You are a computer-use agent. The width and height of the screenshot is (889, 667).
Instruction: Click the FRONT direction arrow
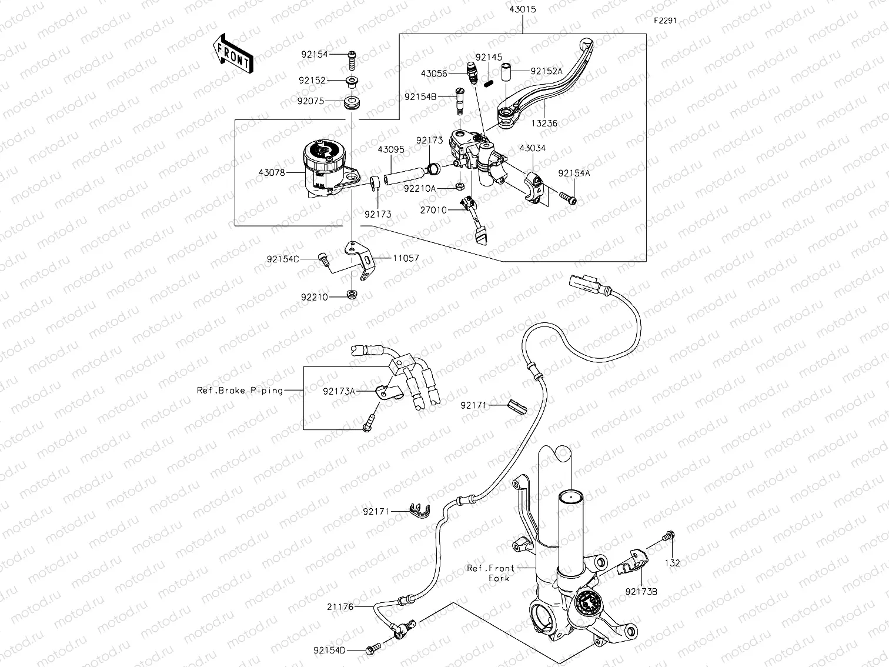232,54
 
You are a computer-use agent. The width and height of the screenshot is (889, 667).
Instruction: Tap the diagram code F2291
666,20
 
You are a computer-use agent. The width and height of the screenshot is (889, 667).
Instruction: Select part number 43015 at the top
523,10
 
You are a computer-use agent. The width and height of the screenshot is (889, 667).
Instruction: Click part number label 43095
391,149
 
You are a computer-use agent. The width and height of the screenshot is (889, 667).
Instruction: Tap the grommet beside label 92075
352,105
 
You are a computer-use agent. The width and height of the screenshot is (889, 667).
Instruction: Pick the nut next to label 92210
351,294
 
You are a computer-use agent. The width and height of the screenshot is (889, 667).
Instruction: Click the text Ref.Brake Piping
240,391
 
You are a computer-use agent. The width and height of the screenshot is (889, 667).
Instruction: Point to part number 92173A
339,391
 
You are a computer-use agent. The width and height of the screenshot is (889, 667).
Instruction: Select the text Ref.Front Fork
491,573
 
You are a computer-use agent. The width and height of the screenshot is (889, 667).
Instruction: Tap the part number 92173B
641,591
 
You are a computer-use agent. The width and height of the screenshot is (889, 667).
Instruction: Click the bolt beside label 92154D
371,650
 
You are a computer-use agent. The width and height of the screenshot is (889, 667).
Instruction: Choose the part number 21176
342,606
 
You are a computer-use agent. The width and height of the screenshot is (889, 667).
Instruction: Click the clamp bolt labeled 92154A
568,198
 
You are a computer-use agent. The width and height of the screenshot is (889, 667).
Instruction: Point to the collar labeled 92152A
506,72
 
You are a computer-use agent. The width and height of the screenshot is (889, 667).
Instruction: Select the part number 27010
434,209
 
